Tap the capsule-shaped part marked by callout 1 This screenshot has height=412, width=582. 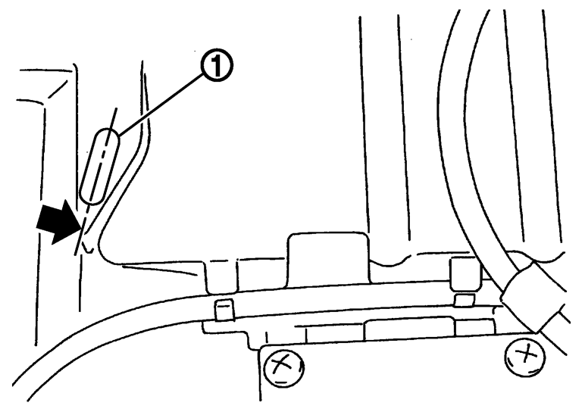(x=100, y=166)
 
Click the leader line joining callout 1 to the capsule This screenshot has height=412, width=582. (x=161, y=103)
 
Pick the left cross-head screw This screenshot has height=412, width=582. (x=284, y=367)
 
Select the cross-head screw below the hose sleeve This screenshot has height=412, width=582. (x=525, y=356)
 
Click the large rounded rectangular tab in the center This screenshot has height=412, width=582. (x=328, y=260)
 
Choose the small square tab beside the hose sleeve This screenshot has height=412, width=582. (x=465, y=273)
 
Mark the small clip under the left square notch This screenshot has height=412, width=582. (x=224, y=311)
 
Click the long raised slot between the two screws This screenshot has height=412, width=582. (x=410, y=328)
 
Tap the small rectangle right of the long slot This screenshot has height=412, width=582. (x=475, y=326)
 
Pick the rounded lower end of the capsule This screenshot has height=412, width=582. (x=91, y=197)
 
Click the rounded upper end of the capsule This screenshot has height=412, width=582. (x=109, y=136)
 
